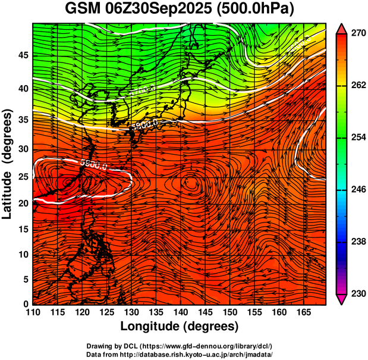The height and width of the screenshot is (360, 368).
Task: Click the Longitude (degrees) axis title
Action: [x=180, y=326]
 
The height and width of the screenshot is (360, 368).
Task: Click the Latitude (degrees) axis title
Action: [x=8, y=164]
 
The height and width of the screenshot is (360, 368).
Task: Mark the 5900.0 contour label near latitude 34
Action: [x=144, y=124]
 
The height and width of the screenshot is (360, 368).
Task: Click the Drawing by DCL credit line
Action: [x=180, y=346]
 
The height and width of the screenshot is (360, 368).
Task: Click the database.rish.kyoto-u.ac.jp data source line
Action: [x=180, y=353]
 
